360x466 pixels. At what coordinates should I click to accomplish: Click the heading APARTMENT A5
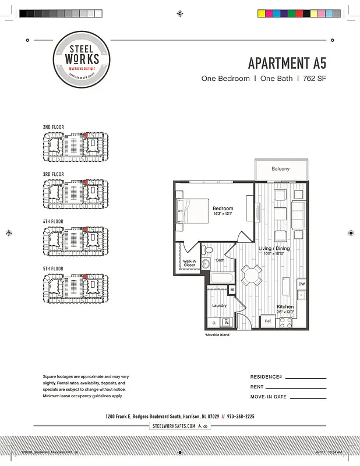pyautogui.click(x=287, y=63)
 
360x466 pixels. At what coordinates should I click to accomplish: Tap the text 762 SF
pyautogui.click(x=313, y=79)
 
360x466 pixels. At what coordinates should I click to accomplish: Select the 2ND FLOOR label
pyautogui.click(x=54, y=127)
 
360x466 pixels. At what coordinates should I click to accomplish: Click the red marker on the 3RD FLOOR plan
pyautogui.click(x=86, y=182)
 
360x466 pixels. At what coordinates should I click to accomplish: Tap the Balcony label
pyautogui.click(x=280, y=169)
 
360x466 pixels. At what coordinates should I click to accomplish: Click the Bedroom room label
pyautogui.click(x=223, y=209)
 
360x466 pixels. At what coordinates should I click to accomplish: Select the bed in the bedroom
pyautogui.click(x=193, y=211)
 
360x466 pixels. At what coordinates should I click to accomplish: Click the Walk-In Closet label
pyautogui.click(x=189, y=263)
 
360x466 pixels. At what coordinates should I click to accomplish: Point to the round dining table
pyautogui.click(x=253, y=275)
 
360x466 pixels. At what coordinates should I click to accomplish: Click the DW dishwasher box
pyautogui.click(x=301, y=284)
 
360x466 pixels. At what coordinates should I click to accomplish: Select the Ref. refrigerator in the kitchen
pyautogui.click(x=268, y=320)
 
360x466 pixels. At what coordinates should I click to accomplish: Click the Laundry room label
pyautogui.click(x=219, y=305)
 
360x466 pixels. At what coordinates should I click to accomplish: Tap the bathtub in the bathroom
pyautogui.click(x=222, y=277)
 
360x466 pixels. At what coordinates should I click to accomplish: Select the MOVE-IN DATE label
pyautogui.click(x=269, y=397)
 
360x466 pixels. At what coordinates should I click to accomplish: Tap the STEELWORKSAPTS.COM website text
pyautogui.click(x=174, y=426)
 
